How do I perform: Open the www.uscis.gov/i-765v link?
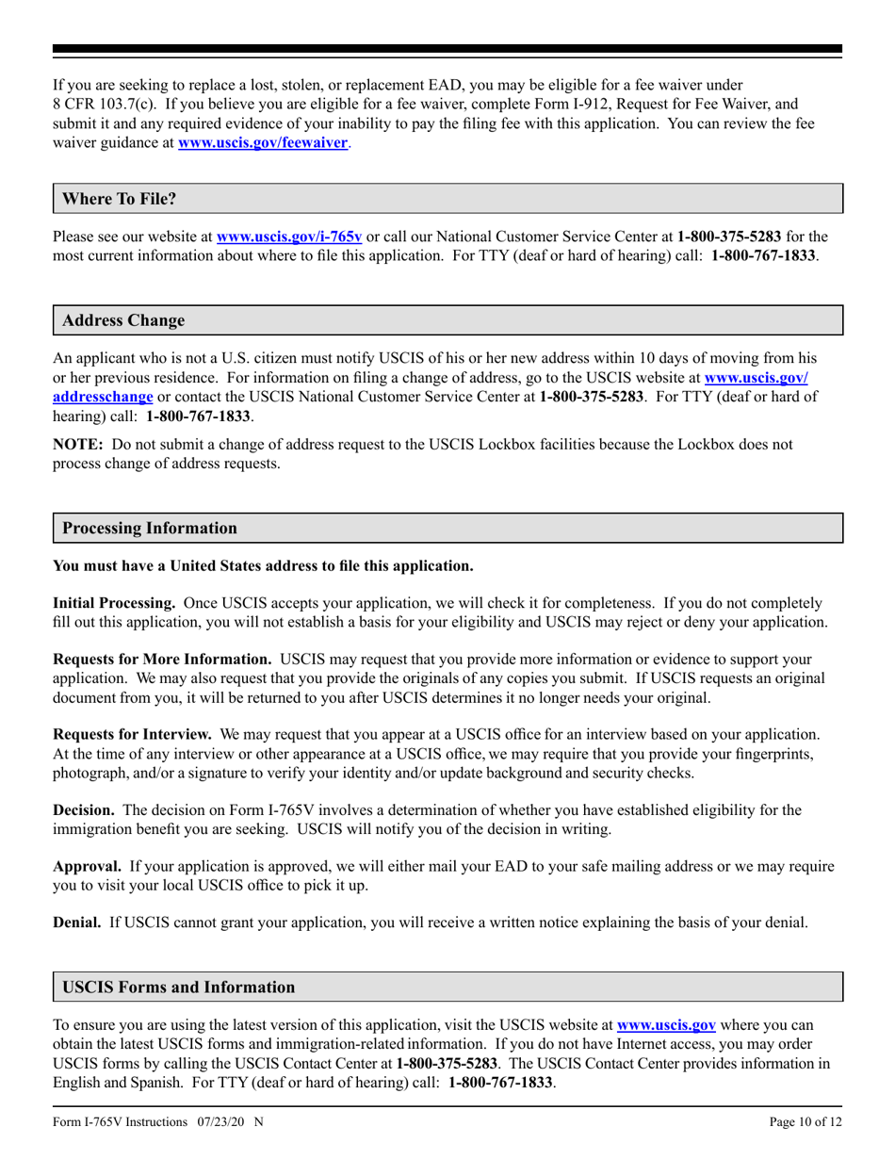(289, 238)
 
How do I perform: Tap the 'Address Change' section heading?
(123, 320)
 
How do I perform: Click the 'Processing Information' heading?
(150, 528)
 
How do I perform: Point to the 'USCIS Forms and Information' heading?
(178, 988)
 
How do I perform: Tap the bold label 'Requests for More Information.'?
(162, 659)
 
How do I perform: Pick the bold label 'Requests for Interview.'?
(132, 733)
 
